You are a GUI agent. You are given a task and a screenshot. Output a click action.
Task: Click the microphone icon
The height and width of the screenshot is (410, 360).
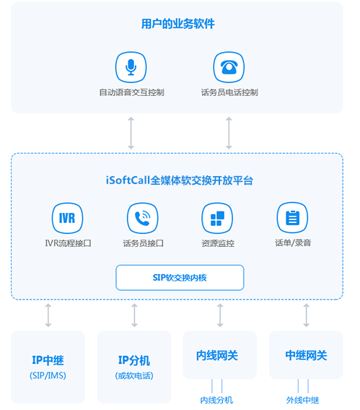[131, 67]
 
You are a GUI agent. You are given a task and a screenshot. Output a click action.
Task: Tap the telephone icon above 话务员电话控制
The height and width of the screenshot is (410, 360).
[229, 67]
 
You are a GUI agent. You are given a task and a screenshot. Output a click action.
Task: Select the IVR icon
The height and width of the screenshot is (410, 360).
[67, 218]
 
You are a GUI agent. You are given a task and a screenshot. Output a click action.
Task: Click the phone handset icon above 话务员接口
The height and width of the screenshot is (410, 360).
[142, 218]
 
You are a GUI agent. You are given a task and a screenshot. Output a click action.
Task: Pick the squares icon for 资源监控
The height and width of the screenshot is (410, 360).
[217, 218]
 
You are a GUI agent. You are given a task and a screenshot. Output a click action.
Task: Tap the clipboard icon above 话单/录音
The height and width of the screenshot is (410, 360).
[292, 217]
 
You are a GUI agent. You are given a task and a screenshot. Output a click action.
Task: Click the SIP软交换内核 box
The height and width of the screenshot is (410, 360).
[180, 278]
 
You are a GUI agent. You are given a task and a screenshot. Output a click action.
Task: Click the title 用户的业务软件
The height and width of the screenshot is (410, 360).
[178, 24]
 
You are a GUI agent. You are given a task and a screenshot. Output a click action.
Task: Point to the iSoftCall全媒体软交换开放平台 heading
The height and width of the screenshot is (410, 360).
[180, 180]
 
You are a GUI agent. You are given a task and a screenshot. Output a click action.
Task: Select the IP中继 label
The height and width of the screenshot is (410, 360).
[48, 360]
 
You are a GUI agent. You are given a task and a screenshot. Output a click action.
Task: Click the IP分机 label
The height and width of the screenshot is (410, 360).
[134, 360]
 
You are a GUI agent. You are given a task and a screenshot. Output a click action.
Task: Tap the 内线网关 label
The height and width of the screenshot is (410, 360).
[217, 356]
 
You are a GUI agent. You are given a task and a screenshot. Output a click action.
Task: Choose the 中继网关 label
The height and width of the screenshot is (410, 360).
[306, 356]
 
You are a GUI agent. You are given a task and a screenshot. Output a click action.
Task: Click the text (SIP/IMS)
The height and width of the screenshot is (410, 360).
[48, 375]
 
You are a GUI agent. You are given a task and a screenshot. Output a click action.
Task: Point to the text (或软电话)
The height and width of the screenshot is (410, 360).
[134, 376]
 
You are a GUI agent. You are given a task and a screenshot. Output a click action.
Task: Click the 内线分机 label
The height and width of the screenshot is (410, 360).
[216, 400]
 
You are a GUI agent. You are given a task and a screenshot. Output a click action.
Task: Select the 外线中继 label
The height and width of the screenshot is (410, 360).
[303, 400]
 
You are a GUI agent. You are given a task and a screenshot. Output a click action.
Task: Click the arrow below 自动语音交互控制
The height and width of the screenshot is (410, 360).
[131, 133]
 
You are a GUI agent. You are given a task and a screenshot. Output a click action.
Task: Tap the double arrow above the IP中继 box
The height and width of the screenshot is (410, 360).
[48, 315]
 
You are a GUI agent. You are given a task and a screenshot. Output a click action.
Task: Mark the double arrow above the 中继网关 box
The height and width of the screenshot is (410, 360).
[306, 315]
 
